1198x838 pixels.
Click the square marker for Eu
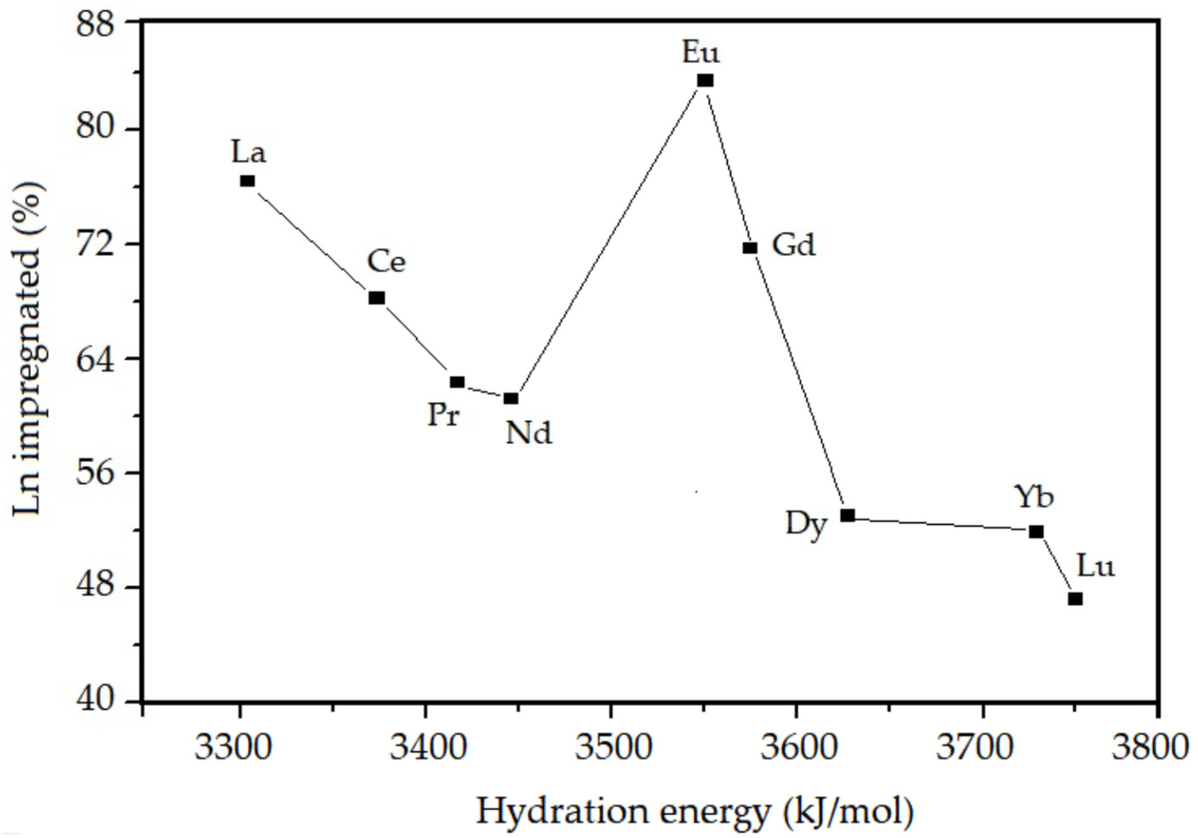point(705,80)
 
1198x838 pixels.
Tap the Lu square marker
point(1075,599)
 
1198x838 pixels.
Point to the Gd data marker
point(750,248)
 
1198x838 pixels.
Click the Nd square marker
point(511,399)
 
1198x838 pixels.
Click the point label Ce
point(386,262)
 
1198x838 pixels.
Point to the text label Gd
point(794,245)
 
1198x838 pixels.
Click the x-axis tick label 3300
point(233,748)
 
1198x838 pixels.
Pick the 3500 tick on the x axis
point(614,748)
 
